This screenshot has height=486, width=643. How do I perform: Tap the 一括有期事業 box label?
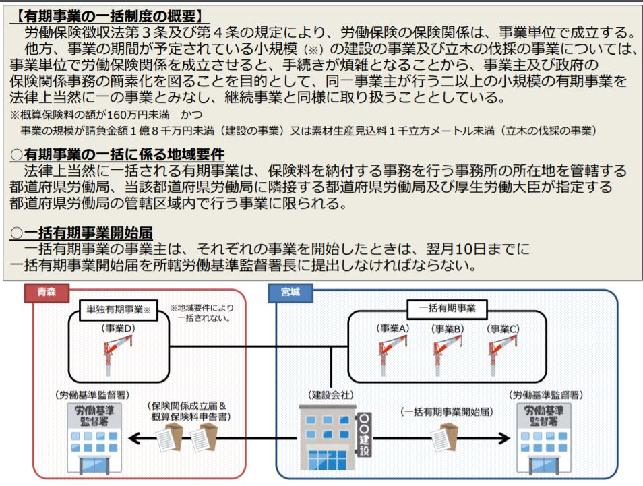(447, 309)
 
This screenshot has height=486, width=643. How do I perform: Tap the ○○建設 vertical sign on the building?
(365, 434)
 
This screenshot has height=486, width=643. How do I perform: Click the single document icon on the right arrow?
(446, 438)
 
